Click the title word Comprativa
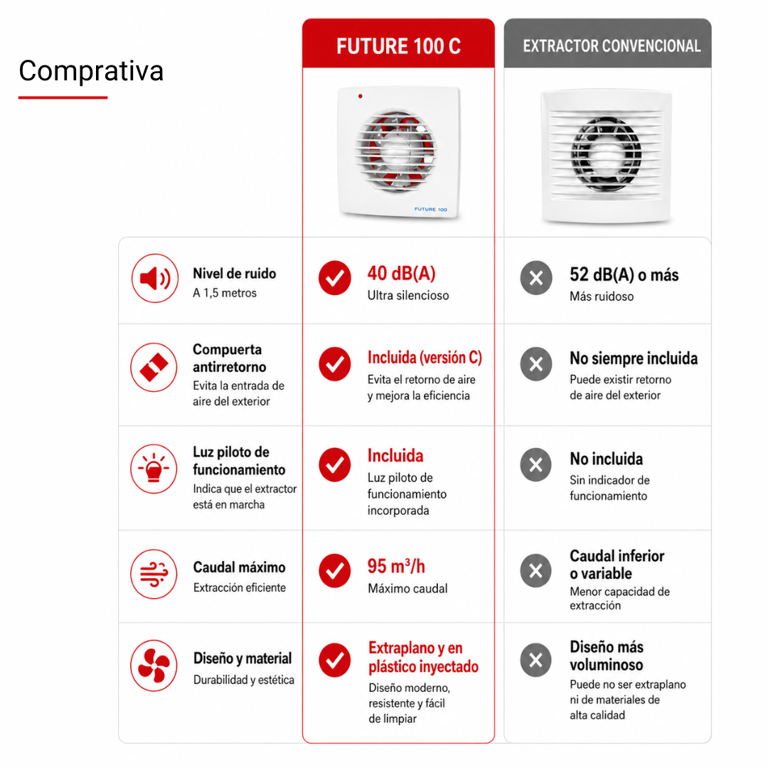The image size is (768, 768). click(91, 71)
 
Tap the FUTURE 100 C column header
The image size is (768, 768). click(398, 46)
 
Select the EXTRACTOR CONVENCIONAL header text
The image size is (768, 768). click(612, 46)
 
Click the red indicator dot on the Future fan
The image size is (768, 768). click(361, 97)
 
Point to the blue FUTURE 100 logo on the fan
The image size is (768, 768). click(430, 209)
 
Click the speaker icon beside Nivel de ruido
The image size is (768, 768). click(155, 278)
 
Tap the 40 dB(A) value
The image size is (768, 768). click(401, 273)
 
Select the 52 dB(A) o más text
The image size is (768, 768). click(624, 274)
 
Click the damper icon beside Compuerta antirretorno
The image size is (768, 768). click(154, 367)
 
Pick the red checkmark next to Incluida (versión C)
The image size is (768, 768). click(334, 364)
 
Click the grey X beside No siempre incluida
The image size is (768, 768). click(536, 364)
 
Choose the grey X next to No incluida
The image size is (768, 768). click(536, 464)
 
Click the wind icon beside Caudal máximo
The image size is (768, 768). click(154, 574)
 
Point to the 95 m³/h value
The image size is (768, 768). click(396, 566)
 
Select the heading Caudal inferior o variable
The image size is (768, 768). click(617, 565)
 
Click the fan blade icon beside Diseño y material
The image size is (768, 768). click(154, 665)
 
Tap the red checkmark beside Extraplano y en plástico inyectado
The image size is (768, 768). click(334, 660)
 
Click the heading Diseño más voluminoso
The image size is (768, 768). click(607, 656)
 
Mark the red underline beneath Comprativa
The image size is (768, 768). click(63, 97)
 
